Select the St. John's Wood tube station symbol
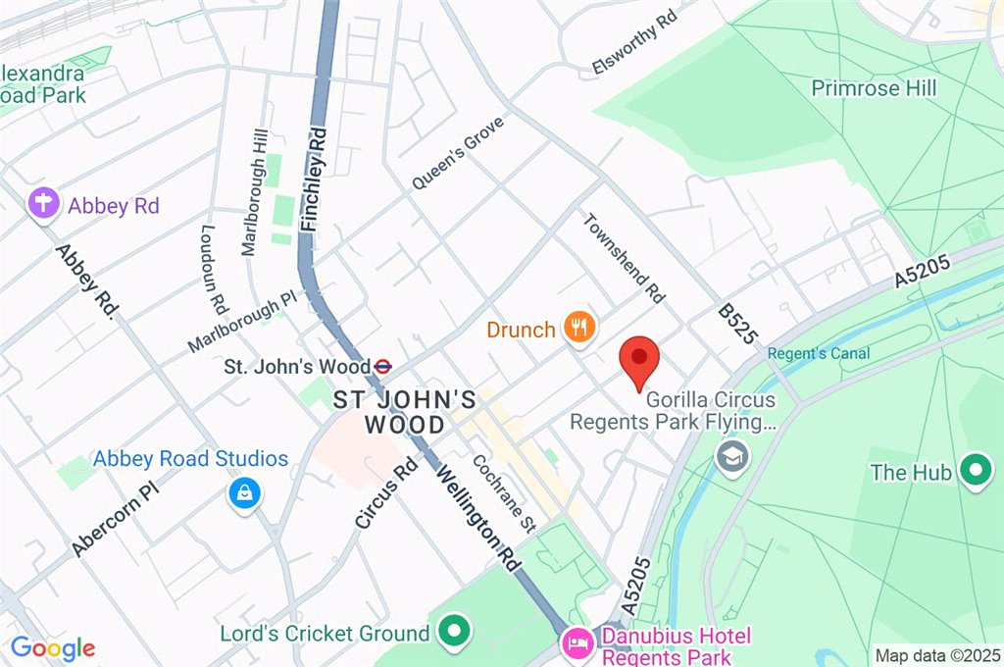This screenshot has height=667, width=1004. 384,367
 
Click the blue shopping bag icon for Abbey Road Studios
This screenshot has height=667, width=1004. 243,493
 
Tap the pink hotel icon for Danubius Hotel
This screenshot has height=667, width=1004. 575,643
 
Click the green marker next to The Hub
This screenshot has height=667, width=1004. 975,472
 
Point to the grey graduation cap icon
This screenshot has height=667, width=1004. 730,455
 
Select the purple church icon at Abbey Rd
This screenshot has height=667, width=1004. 43,205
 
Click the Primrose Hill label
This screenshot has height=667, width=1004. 874,88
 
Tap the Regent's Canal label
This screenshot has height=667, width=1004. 819,353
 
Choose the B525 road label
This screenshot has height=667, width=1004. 738,323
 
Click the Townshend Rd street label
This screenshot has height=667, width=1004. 625,257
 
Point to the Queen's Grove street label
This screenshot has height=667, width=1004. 458,152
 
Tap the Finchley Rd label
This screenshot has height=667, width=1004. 313,183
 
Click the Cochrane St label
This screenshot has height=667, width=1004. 504,493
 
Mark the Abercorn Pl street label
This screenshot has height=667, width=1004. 114,519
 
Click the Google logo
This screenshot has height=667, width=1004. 53,648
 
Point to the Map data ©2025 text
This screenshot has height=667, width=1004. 937,655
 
